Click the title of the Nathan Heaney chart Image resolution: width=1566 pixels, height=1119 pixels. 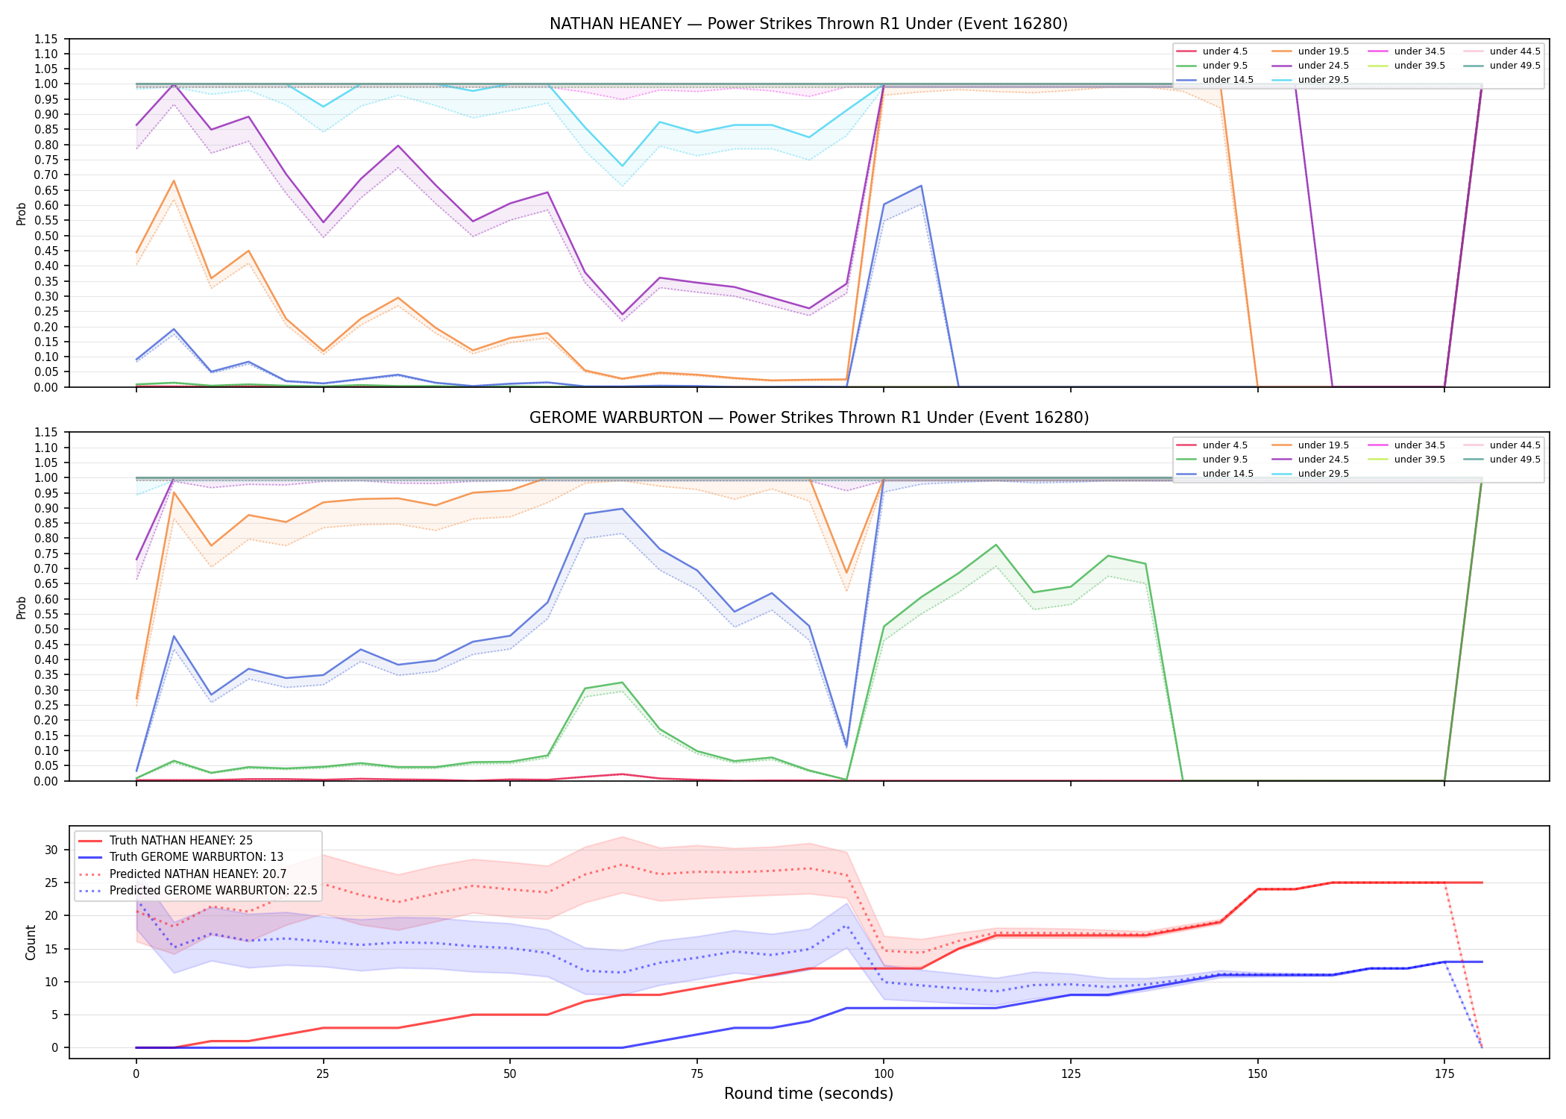click(x=808, y=24)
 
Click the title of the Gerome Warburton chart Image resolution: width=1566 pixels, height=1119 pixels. click(x=809, y=418)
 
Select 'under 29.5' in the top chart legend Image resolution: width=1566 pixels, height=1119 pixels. click(x=1323, y=80)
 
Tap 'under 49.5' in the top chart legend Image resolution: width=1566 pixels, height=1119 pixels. click(x=1515, y=66)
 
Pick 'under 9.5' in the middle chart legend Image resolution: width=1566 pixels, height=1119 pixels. click(x=1224, y=460)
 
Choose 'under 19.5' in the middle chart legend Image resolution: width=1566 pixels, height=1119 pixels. click(x=1323, y=445)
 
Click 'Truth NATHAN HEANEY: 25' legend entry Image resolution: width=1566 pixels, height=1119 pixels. click(x=181, y=841)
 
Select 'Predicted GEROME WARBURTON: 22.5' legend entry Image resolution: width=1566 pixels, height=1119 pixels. click(x=213, y=891)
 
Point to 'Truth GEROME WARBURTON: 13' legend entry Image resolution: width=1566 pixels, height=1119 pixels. click(x=196, y=857)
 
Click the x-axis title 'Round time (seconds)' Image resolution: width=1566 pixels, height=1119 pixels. click(x=808, y=1094)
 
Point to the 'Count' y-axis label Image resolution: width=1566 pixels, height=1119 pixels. click(x=31, y=942)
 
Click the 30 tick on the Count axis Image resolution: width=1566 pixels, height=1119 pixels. click(x=51, y=850)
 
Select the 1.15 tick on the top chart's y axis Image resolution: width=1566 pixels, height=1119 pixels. click(x=46, y=39)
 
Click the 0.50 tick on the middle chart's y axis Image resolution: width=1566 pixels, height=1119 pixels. click(x=46, y=630)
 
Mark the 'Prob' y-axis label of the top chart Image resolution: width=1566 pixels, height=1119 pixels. click(x=22, y=213)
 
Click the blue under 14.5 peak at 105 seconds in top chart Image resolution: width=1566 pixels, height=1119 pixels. click(x=921, y=186)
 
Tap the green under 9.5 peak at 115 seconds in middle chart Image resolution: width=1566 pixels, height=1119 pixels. click(x=996, y=545)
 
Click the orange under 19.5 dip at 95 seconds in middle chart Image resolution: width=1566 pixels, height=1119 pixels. click(x=846, y=573)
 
